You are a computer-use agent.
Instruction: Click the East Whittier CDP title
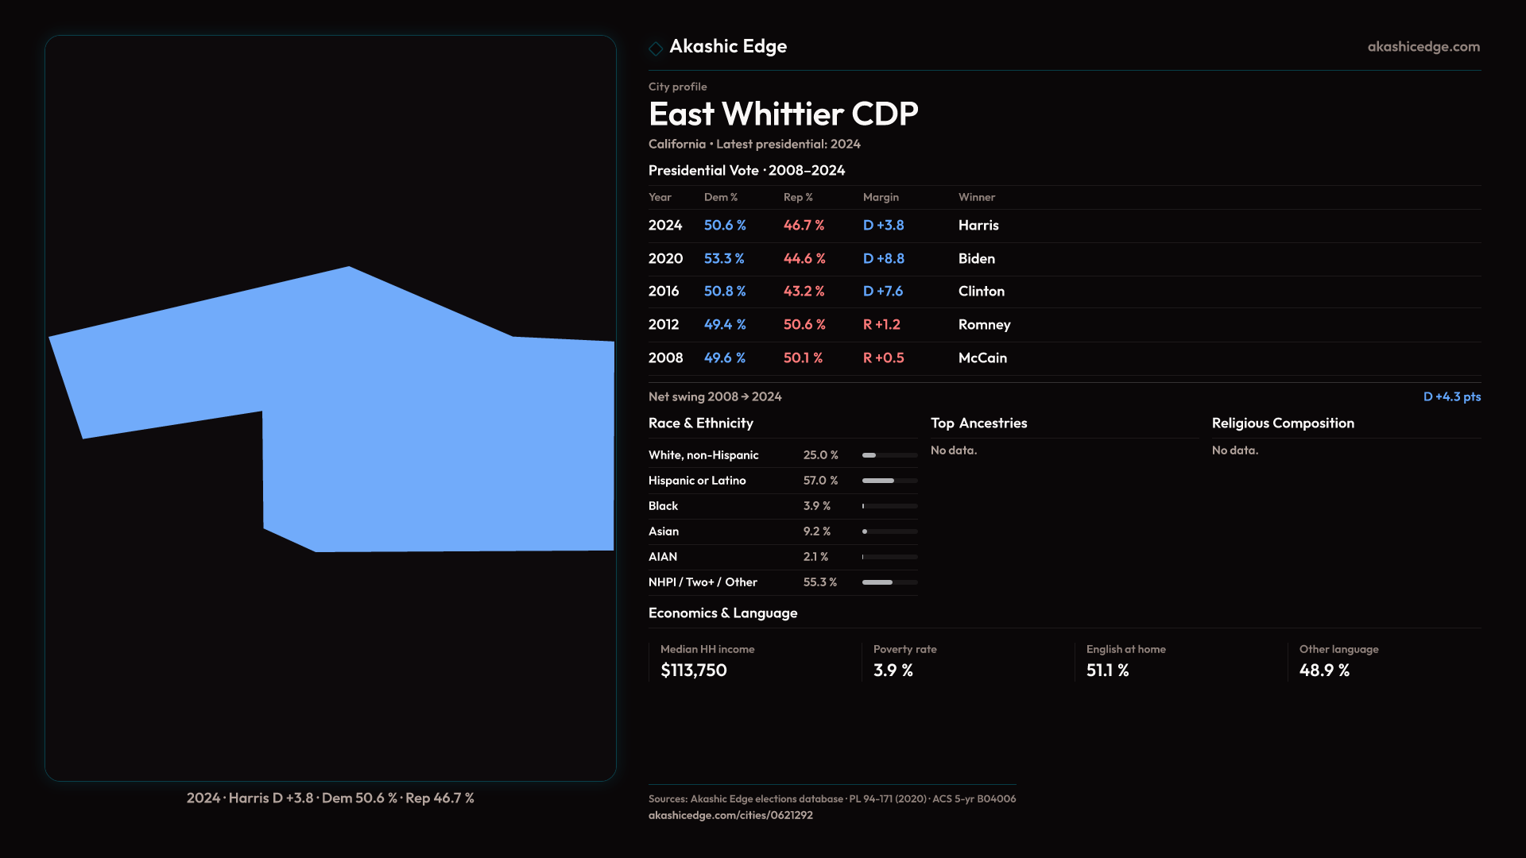tap(783, 114)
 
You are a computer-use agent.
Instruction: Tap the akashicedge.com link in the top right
tap(1423, 47)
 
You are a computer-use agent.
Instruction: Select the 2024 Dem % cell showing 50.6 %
tap(725, 226)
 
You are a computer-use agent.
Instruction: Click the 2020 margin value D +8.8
tap(883, 259)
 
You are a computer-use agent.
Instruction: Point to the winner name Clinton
tap(981, 292)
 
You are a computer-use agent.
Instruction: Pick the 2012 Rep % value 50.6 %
tap(804, 325)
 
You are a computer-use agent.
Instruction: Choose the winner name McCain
tap(982, 358)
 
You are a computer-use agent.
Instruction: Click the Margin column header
tap(881, 197)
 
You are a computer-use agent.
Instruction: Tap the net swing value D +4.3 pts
tap(1451, 396)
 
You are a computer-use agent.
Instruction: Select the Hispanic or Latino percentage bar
tap(889, 481)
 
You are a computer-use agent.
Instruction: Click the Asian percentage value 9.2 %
tap(816, 531)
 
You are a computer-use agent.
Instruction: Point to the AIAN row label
tap(663, 557)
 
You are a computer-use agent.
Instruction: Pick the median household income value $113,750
tap(693, 671)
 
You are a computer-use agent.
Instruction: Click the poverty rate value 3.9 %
tap(893, 671)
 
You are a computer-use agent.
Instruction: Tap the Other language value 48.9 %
tap(1324, 671)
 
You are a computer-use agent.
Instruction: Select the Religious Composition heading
tap(1282, 423)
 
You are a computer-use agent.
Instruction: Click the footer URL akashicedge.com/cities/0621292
tap(730, 815)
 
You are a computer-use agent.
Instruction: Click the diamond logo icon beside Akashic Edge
tap(656, 48)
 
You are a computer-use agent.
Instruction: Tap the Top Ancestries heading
tap(978, 423)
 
